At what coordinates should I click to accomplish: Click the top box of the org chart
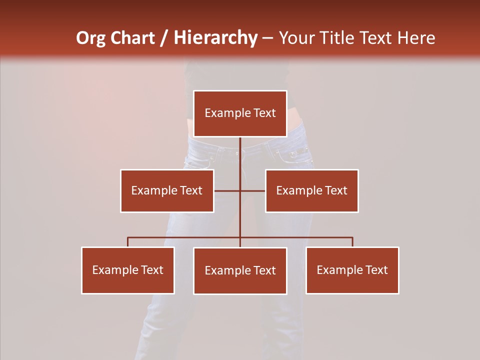[x=240, y=113]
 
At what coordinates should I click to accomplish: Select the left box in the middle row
[x=167, y=190]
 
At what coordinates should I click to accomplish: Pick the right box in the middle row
[x=311, y=190]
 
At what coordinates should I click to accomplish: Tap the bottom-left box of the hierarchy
[x=128, y=270]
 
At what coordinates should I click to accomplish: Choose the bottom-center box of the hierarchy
[x=240, y=270]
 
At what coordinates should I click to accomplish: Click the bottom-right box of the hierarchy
[x=352, y=270]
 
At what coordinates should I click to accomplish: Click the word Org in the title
[x=91, y=38]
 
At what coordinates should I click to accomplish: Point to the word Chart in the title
[x=132, y=38]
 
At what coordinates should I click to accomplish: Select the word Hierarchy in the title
[x=215, y=38]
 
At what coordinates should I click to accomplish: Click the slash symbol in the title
[x=164, y=38]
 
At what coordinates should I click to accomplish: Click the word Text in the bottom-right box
[x=377, y=270]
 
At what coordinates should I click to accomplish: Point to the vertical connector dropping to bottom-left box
[x=128, y=242]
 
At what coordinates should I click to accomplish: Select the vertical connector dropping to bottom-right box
[x=352, y=242]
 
